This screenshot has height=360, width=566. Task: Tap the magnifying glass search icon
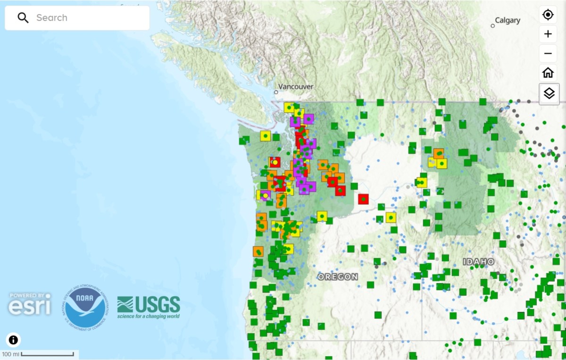tap(23, 18)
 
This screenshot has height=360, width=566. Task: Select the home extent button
tap(548, 73)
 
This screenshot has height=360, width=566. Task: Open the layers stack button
tap(549, 93)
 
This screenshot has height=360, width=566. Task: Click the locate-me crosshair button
tap(548, 15)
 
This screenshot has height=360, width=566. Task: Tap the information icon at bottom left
tap(13, 340)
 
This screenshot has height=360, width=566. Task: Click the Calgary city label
tap(508, 20)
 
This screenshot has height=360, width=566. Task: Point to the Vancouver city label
tap(296, 87)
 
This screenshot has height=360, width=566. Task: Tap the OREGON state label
tap(338, 277)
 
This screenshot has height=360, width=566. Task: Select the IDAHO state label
tap(478, 261)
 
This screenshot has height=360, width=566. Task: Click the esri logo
tap(29, 304)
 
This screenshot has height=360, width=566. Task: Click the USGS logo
tap(149, 307)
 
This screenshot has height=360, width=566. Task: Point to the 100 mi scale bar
tap(47, 354)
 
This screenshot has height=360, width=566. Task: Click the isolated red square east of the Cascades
tap(363, 199)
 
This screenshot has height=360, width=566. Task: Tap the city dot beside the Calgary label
tap(493, 26)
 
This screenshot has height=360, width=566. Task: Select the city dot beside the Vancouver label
tap(276, 92)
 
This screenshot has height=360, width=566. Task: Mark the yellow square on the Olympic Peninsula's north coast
tap(266, 136)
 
